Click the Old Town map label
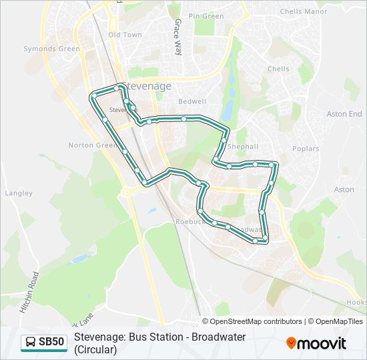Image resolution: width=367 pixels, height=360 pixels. tap(125, 35)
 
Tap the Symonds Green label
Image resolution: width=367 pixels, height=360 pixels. tap(51, 49)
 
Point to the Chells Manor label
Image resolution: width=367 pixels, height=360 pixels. tap(304, 11)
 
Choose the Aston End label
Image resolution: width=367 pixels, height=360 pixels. tap(344, 114)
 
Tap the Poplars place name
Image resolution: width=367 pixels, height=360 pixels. tap(306, 149)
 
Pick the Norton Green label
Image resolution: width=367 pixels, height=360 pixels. tap(93, 145)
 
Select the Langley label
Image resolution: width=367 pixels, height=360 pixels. tap(19, 193)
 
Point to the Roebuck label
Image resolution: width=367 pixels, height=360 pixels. tap(189, 221)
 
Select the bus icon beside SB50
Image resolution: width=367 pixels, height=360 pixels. tap(31, 343)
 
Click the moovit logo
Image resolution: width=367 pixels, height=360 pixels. tap(316, 343)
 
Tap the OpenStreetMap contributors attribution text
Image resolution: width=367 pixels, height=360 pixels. tap(256, 321)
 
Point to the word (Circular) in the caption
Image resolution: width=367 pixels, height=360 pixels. tap(95, 349)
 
